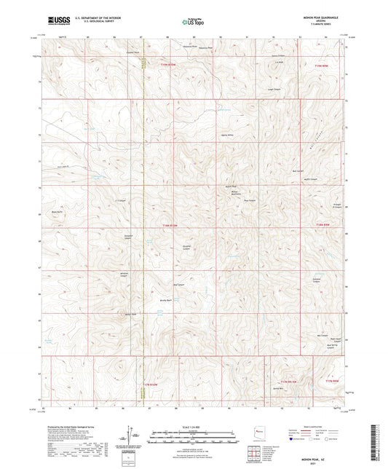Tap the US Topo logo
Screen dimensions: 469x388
(x=192, y=22)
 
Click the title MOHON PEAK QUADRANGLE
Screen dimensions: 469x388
(x=320, y=17)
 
